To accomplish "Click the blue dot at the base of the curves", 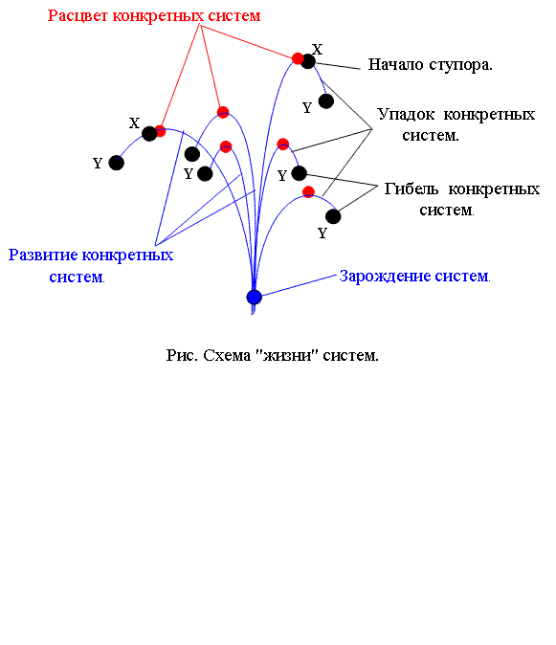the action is [x=255, y=297].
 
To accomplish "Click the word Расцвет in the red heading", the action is [x=78, y=16].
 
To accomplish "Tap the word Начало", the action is [x=395, y=64].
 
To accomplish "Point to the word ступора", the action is [x=460, y=65].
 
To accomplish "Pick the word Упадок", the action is [x=406, y=115].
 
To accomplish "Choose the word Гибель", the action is [x=411, y=189].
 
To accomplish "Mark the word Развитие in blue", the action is [x=43, y=256].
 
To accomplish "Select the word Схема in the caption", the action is [x=227, y=355].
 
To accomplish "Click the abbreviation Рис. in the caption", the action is [x=182, y=355].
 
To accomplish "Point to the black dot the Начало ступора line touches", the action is [x=307, y=61].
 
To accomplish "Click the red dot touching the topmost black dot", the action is [x=298, y=58].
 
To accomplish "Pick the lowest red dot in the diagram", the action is [x=308, y=191].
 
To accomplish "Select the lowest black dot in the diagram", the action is [x=333, y=216].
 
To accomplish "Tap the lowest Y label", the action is [x=322, y=234].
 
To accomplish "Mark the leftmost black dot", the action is [x=117, y=163].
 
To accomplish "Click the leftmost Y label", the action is [x=98, y=164].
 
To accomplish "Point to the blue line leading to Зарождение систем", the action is [x=300, y=286].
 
